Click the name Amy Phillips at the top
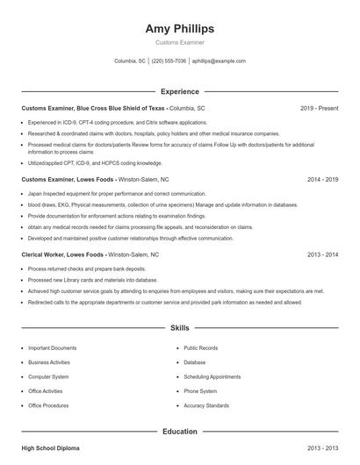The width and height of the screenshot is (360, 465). (179, 29)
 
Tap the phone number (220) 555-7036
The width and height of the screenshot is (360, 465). (169, 61)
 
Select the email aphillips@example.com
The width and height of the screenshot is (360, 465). (219, 61)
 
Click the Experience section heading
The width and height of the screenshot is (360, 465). (179, 91)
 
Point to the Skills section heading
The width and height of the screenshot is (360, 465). (179, 328)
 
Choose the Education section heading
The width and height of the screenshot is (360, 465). (179, 432)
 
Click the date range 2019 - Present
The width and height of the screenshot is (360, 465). (319, 108)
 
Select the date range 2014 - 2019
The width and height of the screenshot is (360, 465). (323, 179)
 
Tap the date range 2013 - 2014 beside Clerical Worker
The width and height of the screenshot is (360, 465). (323, 254)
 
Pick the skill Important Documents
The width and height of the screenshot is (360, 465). (52, 348)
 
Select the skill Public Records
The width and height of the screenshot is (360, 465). (201, 348)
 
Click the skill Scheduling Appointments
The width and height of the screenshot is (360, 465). (212, 376)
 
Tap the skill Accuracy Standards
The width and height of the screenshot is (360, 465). (206, 405)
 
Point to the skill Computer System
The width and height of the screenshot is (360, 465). (48, 376)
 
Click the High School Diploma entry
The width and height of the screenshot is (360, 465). (50, 448)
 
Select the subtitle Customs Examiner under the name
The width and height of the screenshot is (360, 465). (179, 42)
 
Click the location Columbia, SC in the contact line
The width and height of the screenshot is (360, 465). (130, 61)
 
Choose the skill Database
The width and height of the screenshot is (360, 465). (195, 362)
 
